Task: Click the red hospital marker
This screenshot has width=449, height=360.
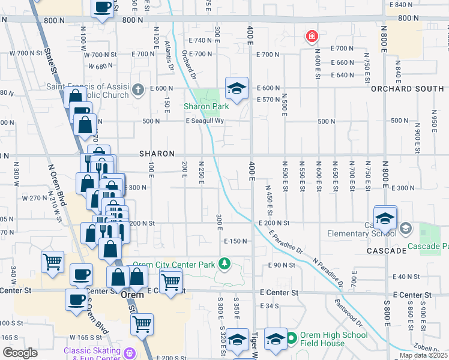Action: pos(312,37)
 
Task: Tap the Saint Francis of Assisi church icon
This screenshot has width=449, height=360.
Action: pos(138,91)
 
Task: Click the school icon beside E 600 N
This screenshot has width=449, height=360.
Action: pos(237,88)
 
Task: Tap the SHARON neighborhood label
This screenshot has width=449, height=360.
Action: pos(157,154)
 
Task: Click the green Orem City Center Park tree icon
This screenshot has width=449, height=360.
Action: pos(224,263)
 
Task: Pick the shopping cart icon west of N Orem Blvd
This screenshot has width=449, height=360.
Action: pos(52,262)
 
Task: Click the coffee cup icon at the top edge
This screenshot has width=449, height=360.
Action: pos(103,8)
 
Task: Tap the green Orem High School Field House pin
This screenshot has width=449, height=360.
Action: pos(292,337)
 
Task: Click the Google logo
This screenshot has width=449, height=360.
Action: pos(20,353)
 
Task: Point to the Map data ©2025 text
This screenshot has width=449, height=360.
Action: pos(423,355)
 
